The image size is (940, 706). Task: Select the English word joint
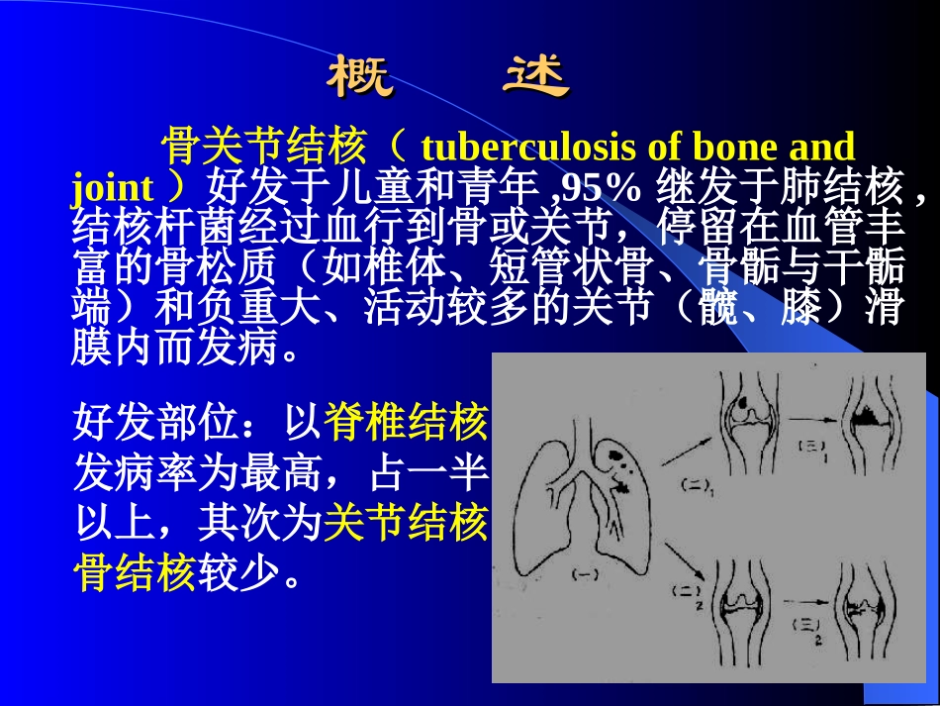click(x=113, y=187)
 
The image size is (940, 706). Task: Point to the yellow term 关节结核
click(x=407, y=522)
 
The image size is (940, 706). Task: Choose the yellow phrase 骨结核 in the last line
click(x=136, y=572)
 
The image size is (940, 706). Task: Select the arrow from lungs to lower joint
click(x=685, y=558)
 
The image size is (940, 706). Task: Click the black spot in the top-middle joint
click(x=742, y=405)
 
